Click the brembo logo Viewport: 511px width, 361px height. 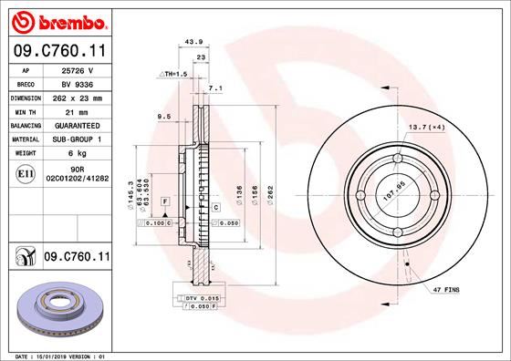coord(57,19)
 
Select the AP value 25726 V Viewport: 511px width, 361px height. coord(78,69)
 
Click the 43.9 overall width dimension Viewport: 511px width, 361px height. coord(193,42)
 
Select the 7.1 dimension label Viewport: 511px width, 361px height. coord(215,88)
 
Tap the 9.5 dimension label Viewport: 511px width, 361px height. coord(164,117)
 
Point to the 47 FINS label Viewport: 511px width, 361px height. coord(446,289)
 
